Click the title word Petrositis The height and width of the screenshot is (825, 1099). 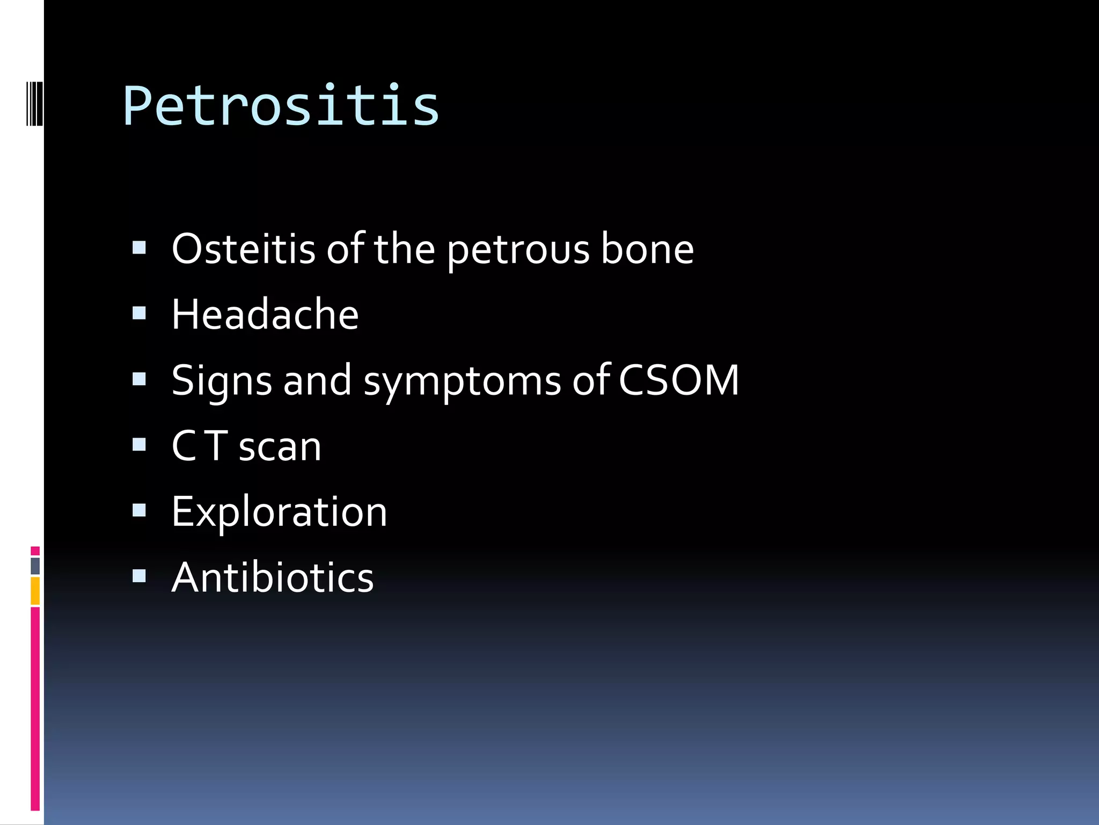coord(281,106)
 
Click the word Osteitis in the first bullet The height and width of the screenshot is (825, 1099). coord(243,249)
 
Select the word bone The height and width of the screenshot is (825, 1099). coord(647,249)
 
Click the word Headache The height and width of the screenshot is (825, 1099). coord(265,315)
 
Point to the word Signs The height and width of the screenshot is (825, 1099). coord(221,381)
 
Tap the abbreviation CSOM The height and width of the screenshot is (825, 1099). coord(679,380)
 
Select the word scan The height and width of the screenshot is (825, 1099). coord(280,447)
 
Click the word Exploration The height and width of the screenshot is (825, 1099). coord(279,512)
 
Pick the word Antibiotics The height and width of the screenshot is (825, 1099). coord(272,578)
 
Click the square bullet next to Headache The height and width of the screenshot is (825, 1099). coord(139,313)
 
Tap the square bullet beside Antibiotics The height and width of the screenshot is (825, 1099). coord(139,576)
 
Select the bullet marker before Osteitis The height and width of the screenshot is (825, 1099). coord(139,248)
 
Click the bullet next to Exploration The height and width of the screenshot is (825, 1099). coord(139,510)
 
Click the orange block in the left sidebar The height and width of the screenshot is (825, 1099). coord(35,591)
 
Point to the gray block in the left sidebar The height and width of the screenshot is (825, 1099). coord(35,566)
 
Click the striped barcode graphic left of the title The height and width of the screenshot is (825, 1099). coord(34,103)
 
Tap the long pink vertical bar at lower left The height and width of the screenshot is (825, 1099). coord(35,709)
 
